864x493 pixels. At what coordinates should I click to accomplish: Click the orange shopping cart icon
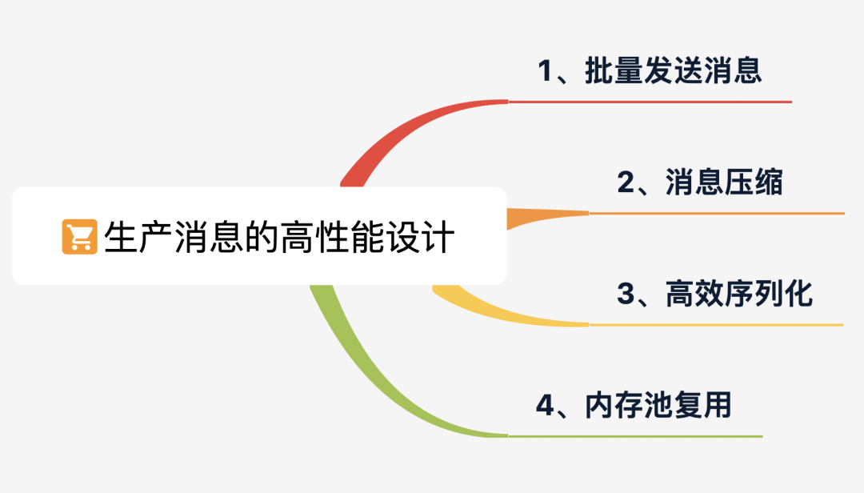tap(79, 237)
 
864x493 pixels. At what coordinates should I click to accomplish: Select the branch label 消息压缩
tap(724, 183)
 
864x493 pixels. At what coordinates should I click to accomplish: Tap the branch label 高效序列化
tap(738, 295)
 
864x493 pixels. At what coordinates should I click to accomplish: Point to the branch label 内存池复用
tap(658, 406)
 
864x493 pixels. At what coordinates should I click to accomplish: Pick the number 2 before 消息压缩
tap(626, 184)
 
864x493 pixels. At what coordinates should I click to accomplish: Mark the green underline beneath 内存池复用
tap(635, 436)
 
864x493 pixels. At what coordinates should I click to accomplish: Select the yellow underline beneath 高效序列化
tap(716, 325)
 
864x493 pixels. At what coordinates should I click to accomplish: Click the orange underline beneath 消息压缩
tap(716, 214)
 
